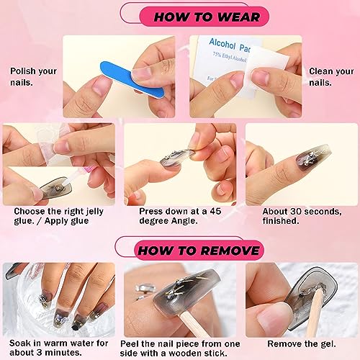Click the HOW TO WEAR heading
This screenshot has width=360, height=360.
(207, 17)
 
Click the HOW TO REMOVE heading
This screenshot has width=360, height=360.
(199, 251)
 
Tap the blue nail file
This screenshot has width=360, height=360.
(132, 79)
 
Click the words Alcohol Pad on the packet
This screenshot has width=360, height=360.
(229, 45)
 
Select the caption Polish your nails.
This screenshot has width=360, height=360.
(33, 77)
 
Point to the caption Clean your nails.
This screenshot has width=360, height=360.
(331, 77)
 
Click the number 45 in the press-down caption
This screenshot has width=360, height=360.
(215, 211)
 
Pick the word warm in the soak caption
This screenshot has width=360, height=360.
(56, 343)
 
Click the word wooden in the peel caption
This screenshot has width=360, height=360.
(184, 354)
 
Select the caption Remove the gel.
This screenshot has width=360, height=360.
(302, 343)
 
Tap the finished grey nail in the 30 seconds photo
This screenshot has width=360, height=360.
(312, 159)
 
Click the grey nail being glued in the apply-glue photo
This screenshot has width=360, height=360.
(56, 188)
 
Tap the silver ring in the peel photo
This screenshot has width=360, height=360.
(142, 291)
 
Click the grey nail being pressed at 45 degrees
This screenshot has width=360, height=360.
(176, 157)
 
